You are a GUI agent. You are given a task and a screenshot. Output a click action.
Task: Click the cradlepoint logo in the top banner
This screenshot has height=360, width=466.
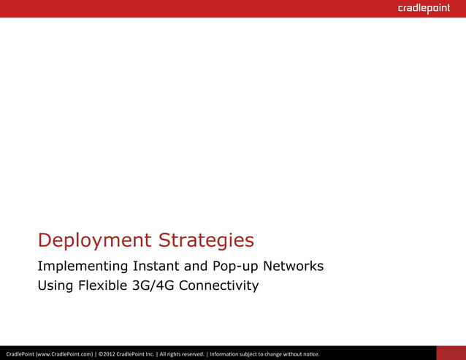point(424,9)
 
